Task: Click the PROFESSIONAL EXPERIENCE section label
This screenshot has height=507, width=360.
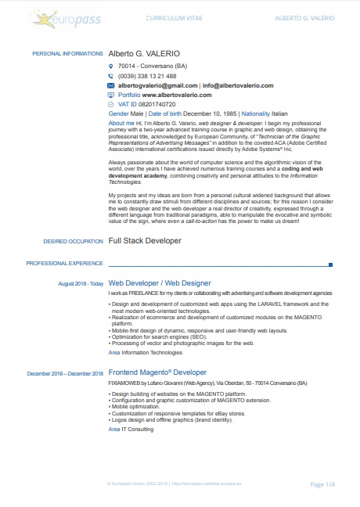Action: (65, 264)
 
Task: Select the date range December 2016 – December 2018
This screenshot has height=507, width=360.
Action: (65, 373)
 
